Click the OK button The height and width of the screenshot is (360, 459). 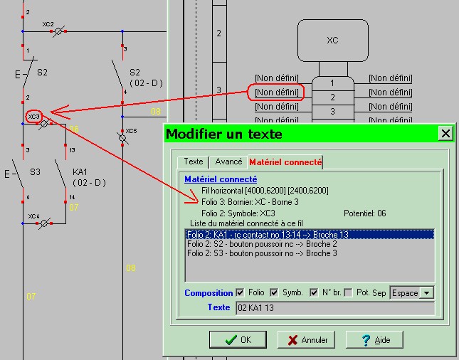coord(238,340)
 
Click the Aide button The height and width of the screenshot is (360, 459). coord(376,340)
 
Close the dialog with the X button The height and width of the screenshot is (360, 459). coord(445,133)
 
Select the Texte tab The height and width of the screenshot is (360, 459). coord(194,162)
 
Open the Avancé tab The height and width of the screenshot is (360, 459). coord(228,162)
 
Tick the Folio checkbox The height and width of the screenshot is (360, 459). coord(240,292)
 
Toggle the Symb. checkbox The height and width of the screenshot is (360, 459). coord(274,292)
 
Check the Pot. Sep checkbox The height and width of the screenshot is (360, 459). coord(348,292)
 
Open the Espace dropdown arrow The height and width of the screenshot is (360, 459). coord(427,293)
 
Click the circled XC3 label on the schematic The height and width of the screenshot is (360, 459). coord(33,115)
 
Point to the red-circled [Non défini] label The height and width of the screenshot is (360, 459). coord(276,92)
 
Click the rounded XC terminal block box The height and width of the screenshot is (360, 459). coord(332,41)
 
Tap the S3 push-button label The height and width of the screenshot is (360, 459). coord(35,172)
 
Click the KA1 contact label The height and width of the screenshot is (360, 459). coord(80,172)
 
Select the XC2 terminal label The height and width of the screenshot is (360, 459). coord(48,24)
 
